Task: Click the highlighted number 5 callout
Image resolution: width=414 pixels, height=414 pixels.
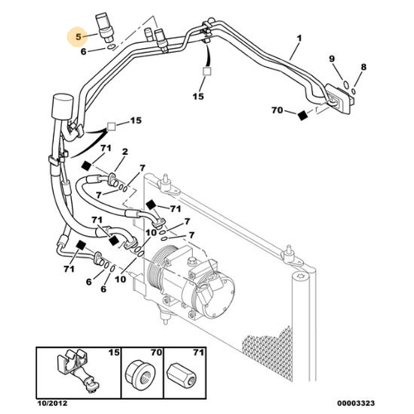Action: click(x=79, y=37)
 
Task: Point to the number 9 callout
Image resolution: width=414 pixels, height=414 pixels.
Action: click(x=332, y=59)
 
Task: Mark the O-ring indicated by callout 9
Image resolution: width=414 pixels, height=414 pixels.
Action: click(x=340, y=83)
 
